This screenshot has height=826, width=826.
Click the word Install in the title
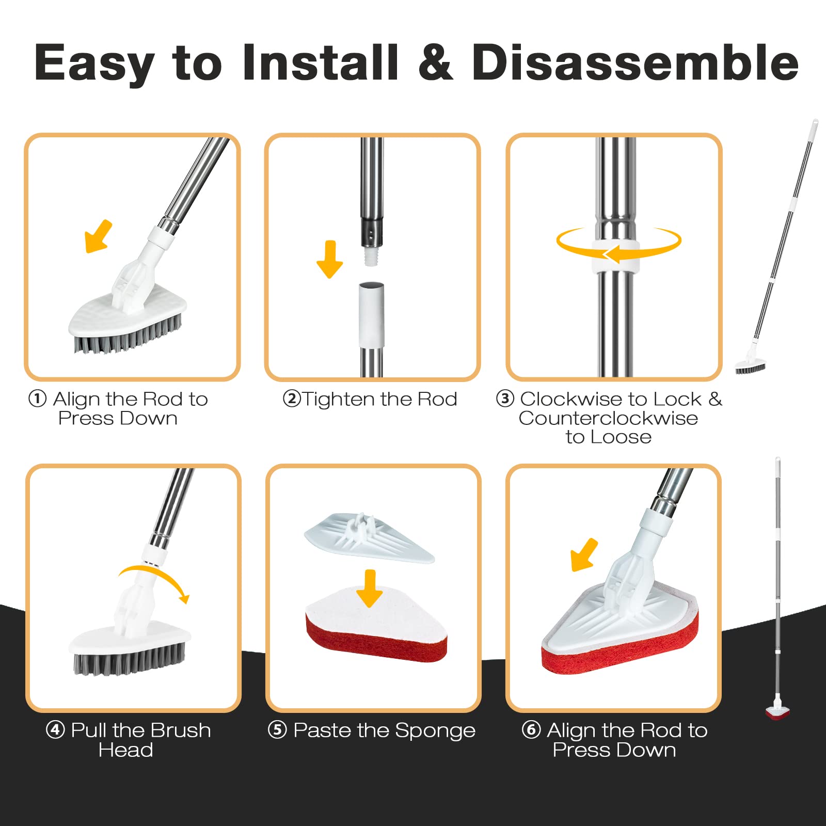point(321,62)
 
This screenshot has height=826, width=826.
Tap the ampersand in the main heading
point(436,62)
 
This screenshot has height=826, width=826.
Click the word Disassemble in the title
point(636,62)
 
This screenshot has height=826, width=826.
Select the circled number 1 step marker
point(37,399)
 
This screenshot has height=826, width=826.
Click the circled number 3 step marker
point(505,399)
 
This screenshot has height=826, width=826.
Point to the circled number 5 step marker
point(277,730)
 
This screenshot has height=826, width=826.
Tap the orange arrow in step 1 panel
point(99,236)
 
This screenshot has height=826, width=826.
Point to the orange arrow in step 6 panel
point(584,555)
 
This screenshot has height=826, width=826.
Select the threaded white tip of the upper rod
point(371,257)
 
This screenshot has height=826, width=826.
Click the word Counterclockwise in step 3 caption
point(609,418)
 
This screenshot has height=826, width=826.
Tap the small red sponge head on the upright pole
point(777,713)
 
